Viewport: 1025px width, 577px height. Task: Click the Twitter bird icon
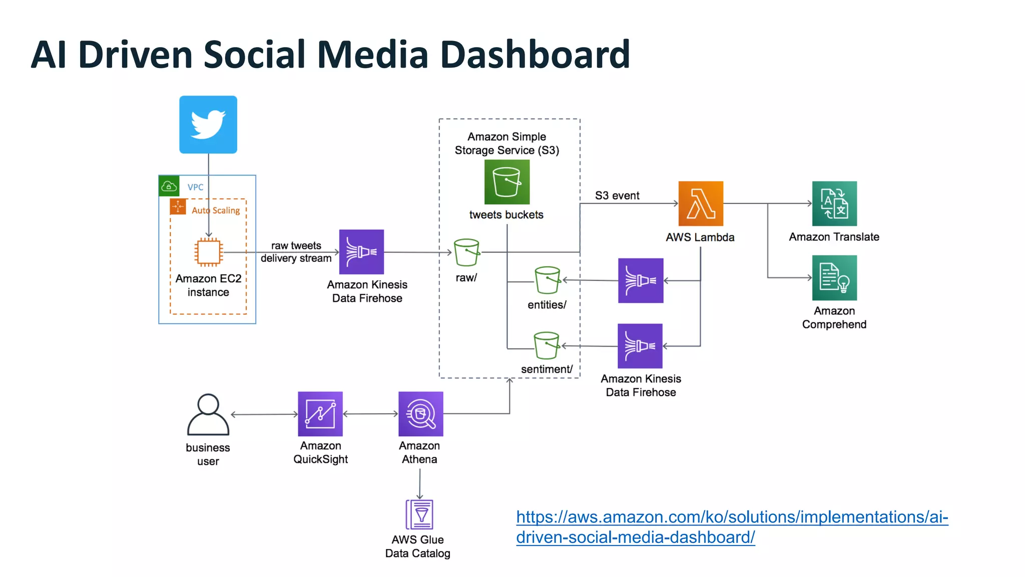[208, 124]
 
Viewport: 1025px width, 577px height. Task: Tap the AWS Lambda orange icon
[700, 203]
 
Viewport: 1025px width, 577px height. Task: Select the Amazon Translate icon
[834, 203]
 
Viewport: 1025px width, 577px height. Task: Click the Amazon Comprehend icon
[834, 277]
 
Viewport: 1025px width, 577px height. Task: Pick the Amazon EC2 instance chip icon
[209, 252]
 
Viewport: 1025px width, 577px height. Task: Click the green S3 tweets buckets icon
[506, 182]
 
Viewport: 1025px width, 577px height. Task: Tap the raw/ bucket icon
[466, 252]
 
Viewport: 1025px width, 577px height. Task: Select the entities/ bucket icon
[547, 280]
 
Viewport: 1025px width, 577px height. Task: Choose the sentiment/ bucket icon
[546, 346]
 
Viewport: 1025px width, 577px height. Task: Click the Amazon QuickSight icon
[320, 414]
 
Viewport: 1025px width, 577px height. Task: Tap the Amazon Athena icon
[420, 414]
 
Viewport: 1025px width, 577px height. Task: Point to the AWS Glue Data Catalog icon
[419, 514]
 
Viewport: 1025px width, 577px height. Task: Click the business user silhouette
[208, 415]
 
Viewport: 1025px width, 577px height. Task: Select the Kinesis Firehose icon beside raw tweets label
[361, 252]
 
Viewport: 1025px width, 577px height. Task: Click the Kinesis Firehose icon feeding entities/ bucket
[641, 280]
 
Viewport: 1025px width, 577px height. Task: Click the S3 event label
[617, 196]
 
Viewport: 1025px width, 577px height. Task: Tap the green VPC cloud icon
[169, 186]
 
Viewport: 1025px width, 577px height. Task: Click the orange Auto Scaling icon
[178, 206]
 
